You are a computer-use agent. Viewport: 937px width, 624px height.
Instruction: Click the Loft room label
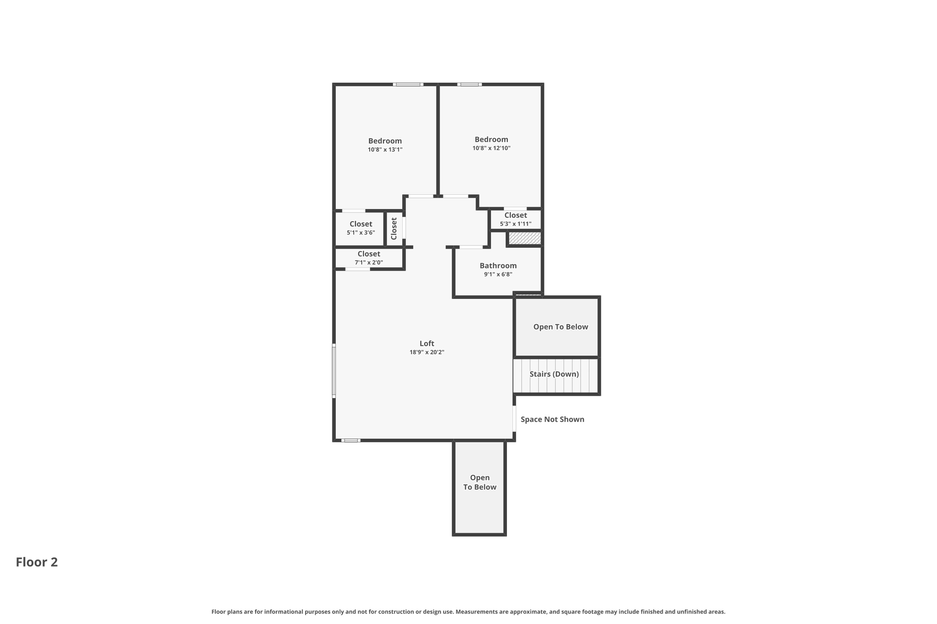[426, 343]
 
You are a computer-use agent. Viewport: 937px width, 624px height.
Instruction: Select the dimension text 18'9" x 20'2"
[426, 352]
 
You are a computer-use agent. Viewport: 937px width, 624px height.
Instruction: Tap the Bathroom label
[498, 266]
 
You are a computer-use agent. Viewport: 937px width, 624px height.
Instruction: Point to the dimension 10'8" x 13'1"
[385, 149]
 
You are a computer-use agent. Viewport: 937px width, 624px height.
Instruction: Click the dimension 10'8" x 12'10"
[491, 148]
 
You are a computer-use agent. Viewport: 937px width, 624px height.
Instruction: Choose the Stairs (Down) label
[554, 374]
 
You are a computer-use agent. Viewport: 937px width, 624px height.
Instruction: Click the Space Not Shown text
[552, 419]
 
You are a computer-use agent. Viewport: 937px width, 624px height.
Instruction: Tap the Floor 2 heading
[37, 562]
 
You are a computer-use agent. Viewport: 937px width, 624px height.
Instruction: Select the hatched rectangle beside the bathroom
[525, 238]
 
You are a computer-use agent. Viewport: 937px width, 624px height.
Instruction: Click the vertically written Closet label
[394, 228]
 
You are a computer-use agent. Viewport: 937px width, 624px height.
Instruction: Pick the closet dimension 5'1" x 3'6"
[361, 233]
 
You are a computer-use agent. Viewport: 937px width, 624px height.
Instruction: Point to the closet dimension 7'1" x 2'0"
[369, 262]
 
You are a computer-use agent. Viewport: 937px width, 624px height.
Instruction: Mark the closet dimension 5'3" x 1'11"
[515, 224]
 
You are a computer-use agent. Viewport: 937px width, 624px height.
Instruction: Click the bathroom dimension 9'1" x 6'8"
[498, 274]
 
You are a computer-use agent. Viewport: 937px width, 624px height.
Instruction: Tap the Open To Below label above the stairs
[560, 327]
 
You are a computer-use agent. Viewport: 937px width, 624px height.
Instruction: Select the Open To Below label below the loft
[479, 482]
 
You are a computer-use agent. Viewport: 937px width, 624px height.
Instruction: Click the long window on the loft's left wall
[334, 371]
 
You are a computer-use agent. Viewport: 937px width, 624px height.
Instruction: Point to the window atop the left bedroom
[408, 85]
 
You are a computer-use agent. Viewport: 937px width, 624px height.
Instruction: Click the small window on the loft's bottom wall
[351, 440]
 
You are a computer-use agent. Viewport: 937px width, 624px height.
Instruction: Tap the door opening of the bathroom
[471, 247]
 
